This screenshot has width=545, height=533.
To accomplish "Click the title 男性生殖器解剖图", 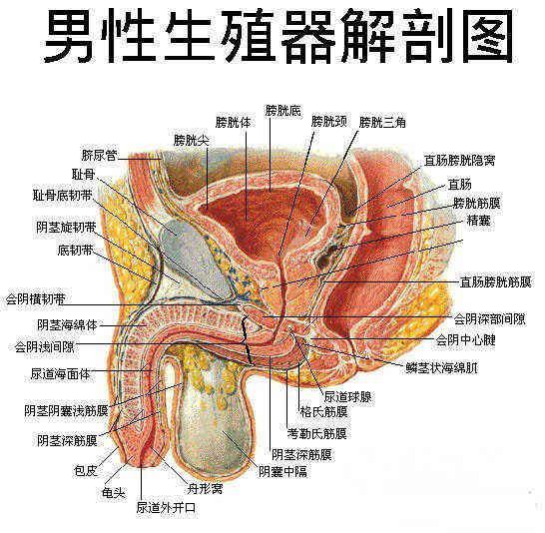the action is click(x=278, y=35).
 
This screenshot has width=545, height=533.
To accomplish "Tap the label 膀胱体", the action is click(x=234, y=122).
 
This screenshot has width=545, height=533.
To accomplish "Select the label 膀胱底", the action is click(x=282, y=110).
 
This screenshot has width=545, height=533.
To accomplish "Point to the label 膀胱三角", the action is click(x=382, y=122).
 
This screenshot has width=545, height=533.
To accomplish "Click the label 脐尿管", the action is click(x=100, y=155).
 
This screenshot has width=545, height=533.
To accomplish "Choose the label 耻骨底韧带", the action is click(x=63, y=196).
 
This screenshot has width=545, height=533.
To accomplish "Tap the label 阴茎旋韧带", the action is click(x=66, y=228).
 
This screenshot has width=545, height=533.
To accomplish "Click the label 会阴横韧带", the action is click(x=36, y=299).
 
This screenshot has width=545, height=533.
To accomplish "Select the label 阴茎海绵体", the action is click(x=68, y=324).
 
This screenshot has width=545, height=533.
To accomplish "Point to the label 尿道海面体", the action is click(x=61, y=374).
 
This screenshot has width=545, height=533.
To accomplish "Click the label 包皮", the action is click(x=86, y=471).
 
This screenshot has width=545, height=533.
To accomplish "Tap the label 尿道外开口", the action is click(x=166, y=508).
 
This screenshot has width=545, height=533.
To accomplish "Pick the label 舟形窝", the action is click(x=205, y=489).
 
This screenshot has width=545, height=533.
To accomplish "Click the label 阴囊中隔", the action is click(x=282, y=471).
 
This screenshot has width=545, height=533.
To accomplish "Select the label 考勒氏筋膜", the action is click(x=317, y=433).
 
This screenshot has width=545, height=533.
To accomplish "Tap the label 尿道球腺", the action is click(x=348, y=396).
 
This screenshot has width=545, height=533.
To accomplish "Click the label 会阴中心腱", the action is click(x=466, y=339).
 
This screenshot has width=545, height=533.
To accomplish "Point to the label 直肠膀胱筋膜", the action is click(x=496, y=281).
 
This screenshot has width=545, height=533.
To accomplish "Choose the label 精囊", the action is click(x=478, y=221).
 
